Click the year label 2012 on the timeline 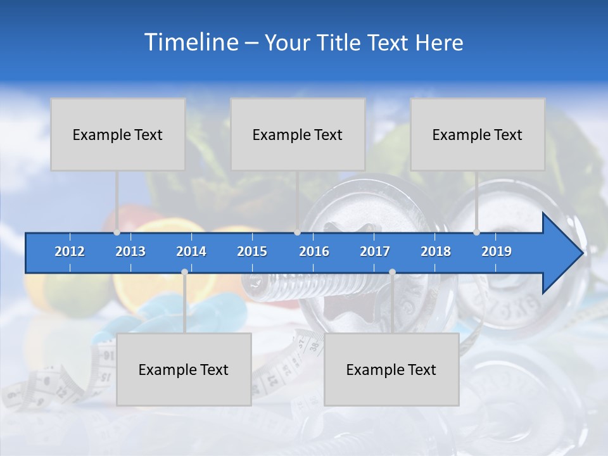[70, 251]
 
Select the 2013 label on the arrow [130, 251]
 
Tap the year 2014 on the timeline [191, 251]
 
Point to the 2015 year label [252, 251]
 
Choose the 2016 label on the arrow [314, 251]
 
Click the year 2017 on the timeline [375, 251]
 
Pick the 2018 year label [436, 251]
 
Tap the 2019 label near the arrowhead [497, 251]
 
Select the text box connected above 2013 [117, 134]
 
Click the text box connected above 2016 [297, 134]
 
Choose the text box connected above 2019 [477, 134]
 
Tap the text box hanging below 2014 [184, 369]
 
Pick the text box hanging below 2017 [391, 369]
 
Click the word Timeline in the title [190, 42]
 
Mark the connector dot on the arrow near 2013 [117, 232]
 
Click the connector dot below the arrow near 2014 [184, 272]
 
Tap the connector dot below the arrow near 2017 [392, 272]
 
